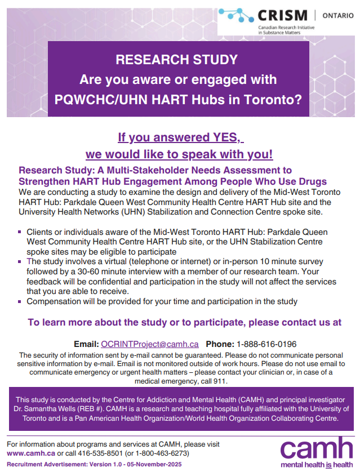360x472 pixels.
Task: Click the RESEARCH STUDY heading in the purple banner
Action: [x=177, y=60]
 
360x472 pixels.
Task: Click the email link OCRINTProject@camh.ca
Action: [x=150, y=344]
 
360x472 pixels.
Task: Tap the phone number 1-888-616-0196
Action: [x=266, y=344]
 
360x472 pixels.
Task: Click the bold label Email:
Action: [x=86, y=344]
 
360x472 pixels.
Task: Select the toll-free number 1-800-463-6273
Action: [x=163, y=453]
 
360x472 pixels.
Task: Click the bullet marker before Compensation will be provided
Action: [x=20, y=301]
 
